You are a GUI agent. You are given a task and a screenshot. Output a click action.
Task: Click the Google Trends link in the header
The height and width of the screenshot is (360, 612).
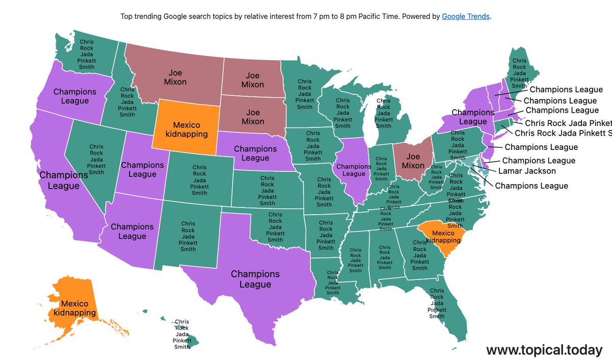coord(466,16)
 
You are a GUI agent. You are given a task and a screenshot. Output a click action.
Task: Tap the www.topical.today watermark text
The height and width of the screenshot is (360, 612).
coord(544,350)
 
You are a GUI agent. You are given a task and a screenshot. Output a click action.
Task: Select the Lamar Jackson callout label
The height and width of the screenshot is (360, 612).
coord(527,171)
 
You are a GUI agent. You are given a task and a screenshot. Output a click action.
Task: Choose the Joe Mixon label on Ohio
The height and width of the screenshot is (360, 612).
coord(413,161)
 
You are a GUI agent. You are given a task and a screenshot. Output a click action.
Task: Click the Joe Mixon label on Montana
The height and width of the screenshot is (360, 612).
coord(175,77)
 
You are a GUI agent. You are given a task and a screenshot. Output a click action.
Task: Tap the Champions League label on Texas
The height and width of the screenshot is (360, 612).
coord(255,279)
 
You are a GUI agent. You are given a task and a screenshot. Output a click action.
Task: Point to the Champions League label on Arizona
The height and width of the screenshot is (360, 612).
coord(132,231)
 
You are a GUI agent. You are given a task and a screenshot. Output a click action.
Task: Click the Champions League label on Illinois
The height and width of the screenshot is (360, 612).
coord(354,170)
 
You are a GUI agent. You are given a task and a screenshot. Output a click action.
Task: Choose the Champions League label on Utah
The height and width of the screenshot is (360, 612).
coord(142,169)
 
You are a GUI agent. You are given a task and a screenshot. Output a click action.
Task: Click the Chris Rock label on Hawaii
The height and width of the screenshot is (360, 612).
coord(182,334)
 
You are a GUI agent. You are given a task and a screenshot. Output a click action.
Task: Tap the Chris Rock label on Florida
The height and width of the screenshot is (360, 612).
coord(437,303)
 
